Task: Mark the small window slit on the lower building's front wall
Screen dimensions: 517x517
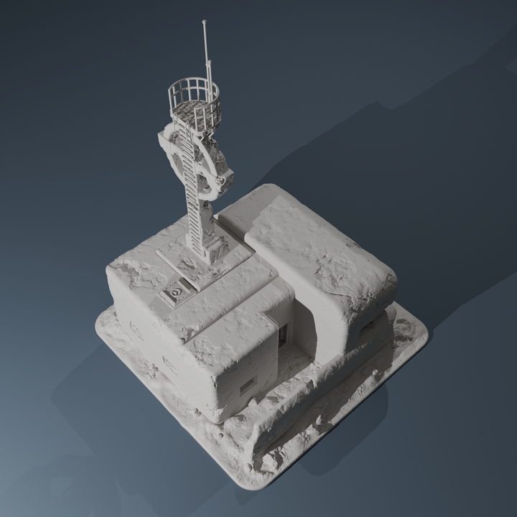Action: click(246, 386)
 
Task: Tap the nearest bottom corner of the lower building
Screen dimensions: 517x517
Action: click(215, 419)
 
